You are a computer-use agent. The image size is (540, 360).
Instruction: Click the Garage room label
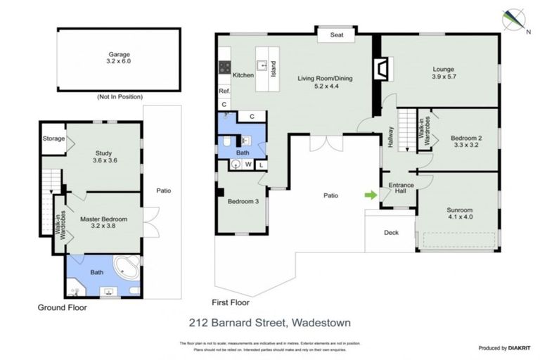(119, 58)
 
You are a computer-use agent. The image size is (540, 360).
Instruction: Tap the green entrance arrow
(370, 194)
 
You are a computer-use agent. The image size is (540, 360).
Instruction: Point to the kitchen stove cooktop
(226, 67)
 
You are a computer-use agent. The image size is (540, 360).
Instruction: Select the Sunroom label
(460, 214)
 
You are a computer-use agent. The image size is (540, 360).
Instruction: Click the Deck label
(392, 233)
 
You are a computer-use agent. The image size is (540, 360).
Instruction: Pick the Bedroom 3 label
(242, 202)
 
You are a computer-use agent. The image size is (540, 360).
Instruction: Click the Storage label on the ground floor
(53, 139)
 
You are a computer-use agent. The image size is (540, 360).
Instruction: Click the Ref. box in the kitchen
(224, 91)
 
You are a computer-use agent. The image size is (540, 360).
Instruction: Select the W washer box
(248, 165)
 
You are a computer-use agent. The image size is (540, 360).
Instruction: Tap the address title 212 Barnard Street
(269, 323)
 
